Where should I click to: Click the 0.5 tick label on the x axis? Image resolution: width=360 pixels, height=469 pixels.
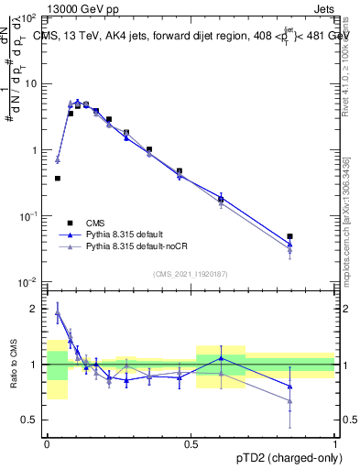(x=191, y=442)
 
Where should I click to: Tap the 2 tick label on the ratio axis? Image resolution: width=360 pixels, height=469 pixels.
(x=35, y=310)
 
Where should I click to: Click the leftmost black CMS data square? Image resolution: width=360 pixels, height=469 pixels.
(x=58, y=179)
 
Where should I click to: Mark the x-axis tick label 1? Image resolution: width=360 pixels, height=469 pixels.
(x=335, y=442)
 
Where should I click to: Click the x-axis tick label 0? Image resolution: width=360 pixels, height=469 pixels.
(x=47, y=442)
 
